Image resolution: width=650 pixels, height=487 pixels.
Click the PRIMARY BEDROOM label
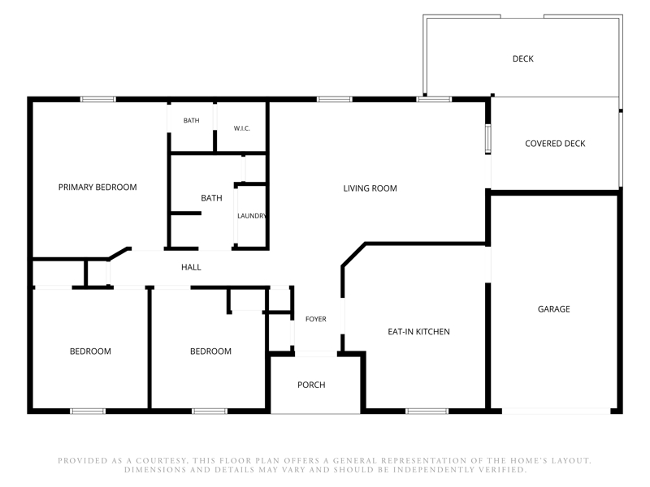(x=97, y=187)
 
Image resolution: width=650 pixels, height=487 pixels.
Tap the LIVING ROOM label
(x=370, y=188)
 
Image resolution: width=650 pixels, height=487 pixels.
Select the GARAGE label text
(x=553, y=309)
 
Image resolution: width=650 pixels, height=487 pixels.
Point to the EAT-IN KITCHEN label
(x=418, y=332)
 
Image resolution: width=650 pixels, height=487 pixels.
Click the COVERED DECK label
(x=555, y=144)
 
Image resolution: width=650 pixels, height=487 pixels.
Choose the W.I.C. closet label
(x=241, y=128)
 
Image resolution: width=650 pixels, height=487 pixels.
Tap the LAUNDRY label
(x=252, y=216)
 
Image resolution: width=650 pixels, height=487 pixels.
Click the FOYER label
(x=316, y=319)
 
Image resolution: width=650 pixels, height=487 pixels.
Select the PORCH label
(x=311, y=385)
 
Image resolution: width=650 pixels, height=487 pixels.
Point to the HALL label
(x=191, y=268)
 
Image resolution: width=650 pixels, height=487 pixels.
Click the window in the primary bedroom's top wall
(x=97, y=99)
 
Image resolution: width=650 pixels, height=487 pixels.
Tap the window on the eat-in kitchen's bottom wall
(x=427, y=412)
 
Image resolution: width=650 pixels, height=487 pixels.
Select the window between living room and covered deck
(x=488, y=139)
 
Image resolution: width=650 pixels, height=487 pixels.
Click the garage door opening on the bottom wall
(x=556, y=412)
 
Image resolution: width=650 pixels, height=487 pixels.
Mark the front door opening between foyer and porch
(x=316, y=354)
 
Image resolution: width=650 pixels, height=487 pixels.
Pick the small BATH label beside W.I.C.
(x=192, y=120)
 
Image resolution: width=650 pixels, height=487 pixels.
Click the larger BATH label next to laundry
(x=211, y=198)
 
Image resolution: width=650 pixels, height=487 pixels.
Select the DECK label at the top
(x=522, y=58)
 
